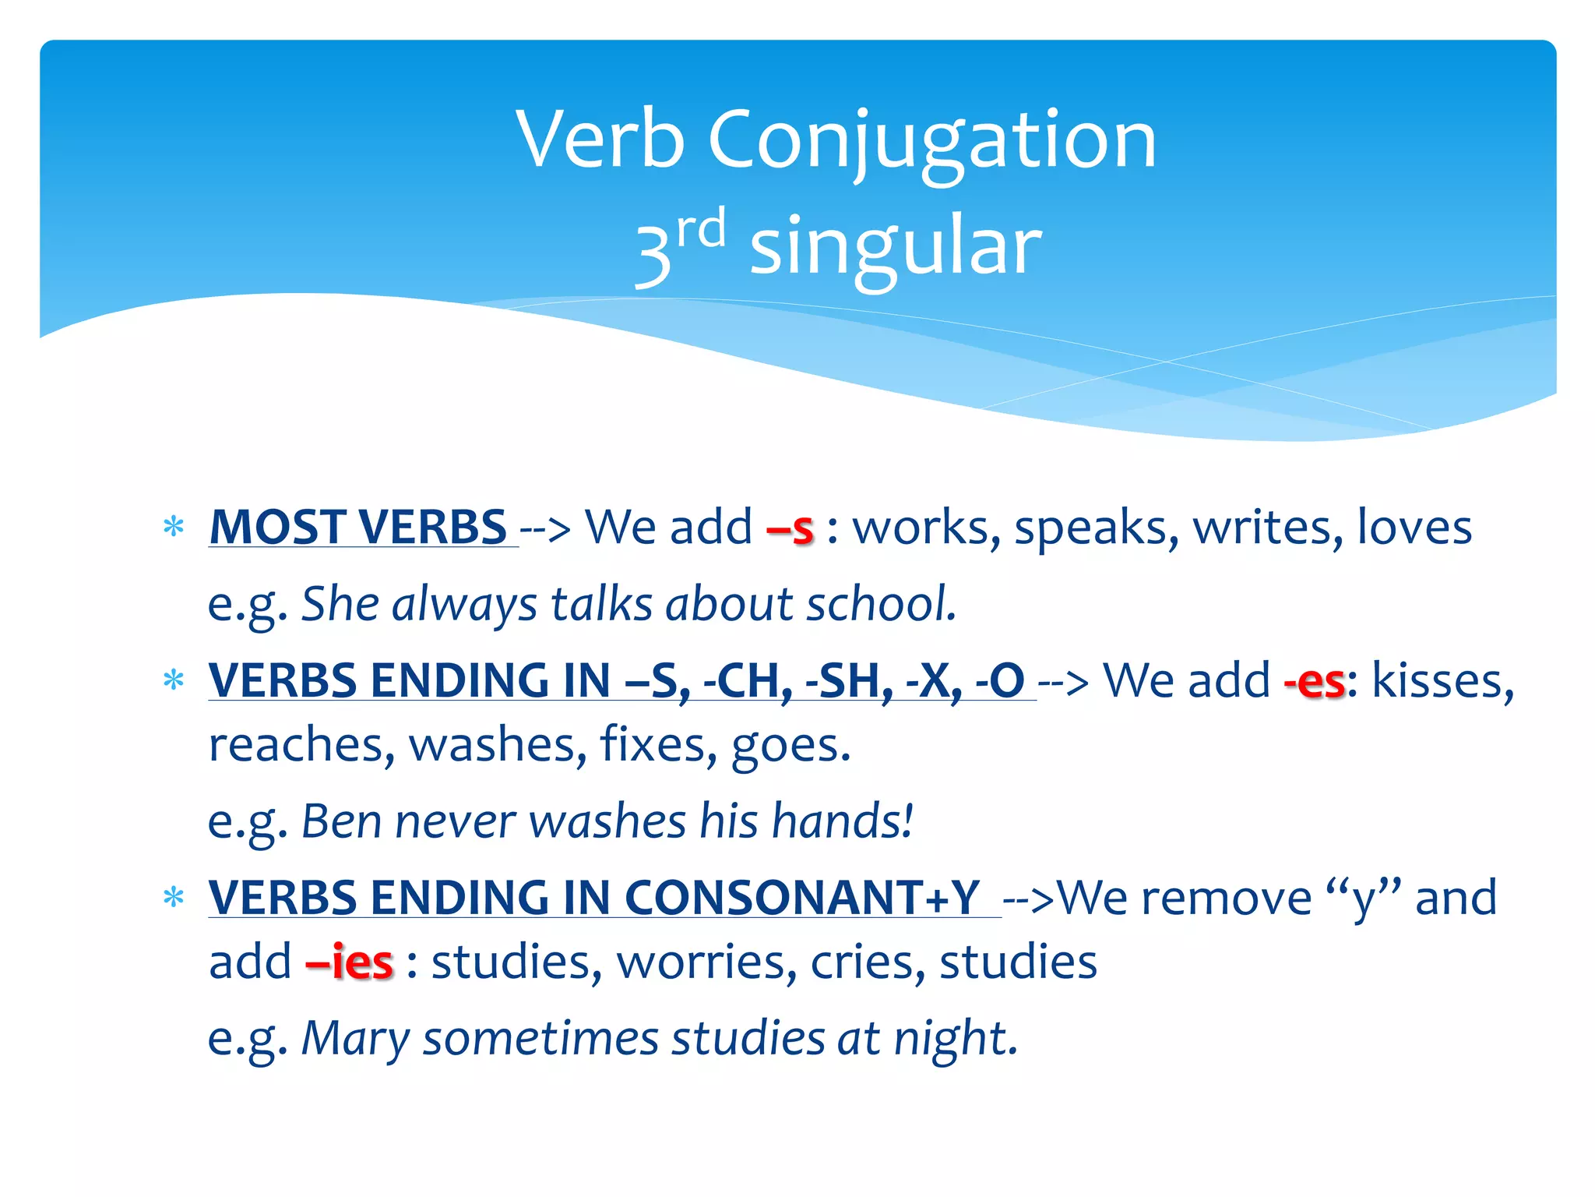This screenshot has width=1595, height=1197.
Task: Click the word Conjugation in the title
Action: [x=931, y=140]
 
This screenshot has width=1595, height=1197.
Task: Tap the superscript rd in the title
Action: [x=701, y=230]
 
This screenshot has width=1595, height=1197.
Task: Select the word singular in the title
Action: [x=895, y=248]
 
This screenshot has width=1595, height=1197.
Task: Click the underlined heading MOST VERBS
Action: [x=359, y=528]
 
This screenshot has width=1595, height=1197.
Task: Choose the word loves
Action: [x=1414, y=528]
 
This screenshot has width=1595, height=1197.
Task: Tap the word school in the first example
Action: [x=879, y=604]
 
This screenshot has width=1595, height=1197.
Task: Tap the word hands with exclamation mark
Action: [x=842, y=821]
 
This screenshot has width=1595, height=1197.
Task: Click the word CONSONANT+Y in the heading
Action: [x=802, y=898]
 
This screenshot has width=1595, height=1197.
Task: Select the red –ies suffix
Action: [x=350, y=962]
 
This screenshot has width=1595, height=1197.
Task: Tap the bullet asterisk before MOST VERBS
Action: [x=174, y=528]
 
